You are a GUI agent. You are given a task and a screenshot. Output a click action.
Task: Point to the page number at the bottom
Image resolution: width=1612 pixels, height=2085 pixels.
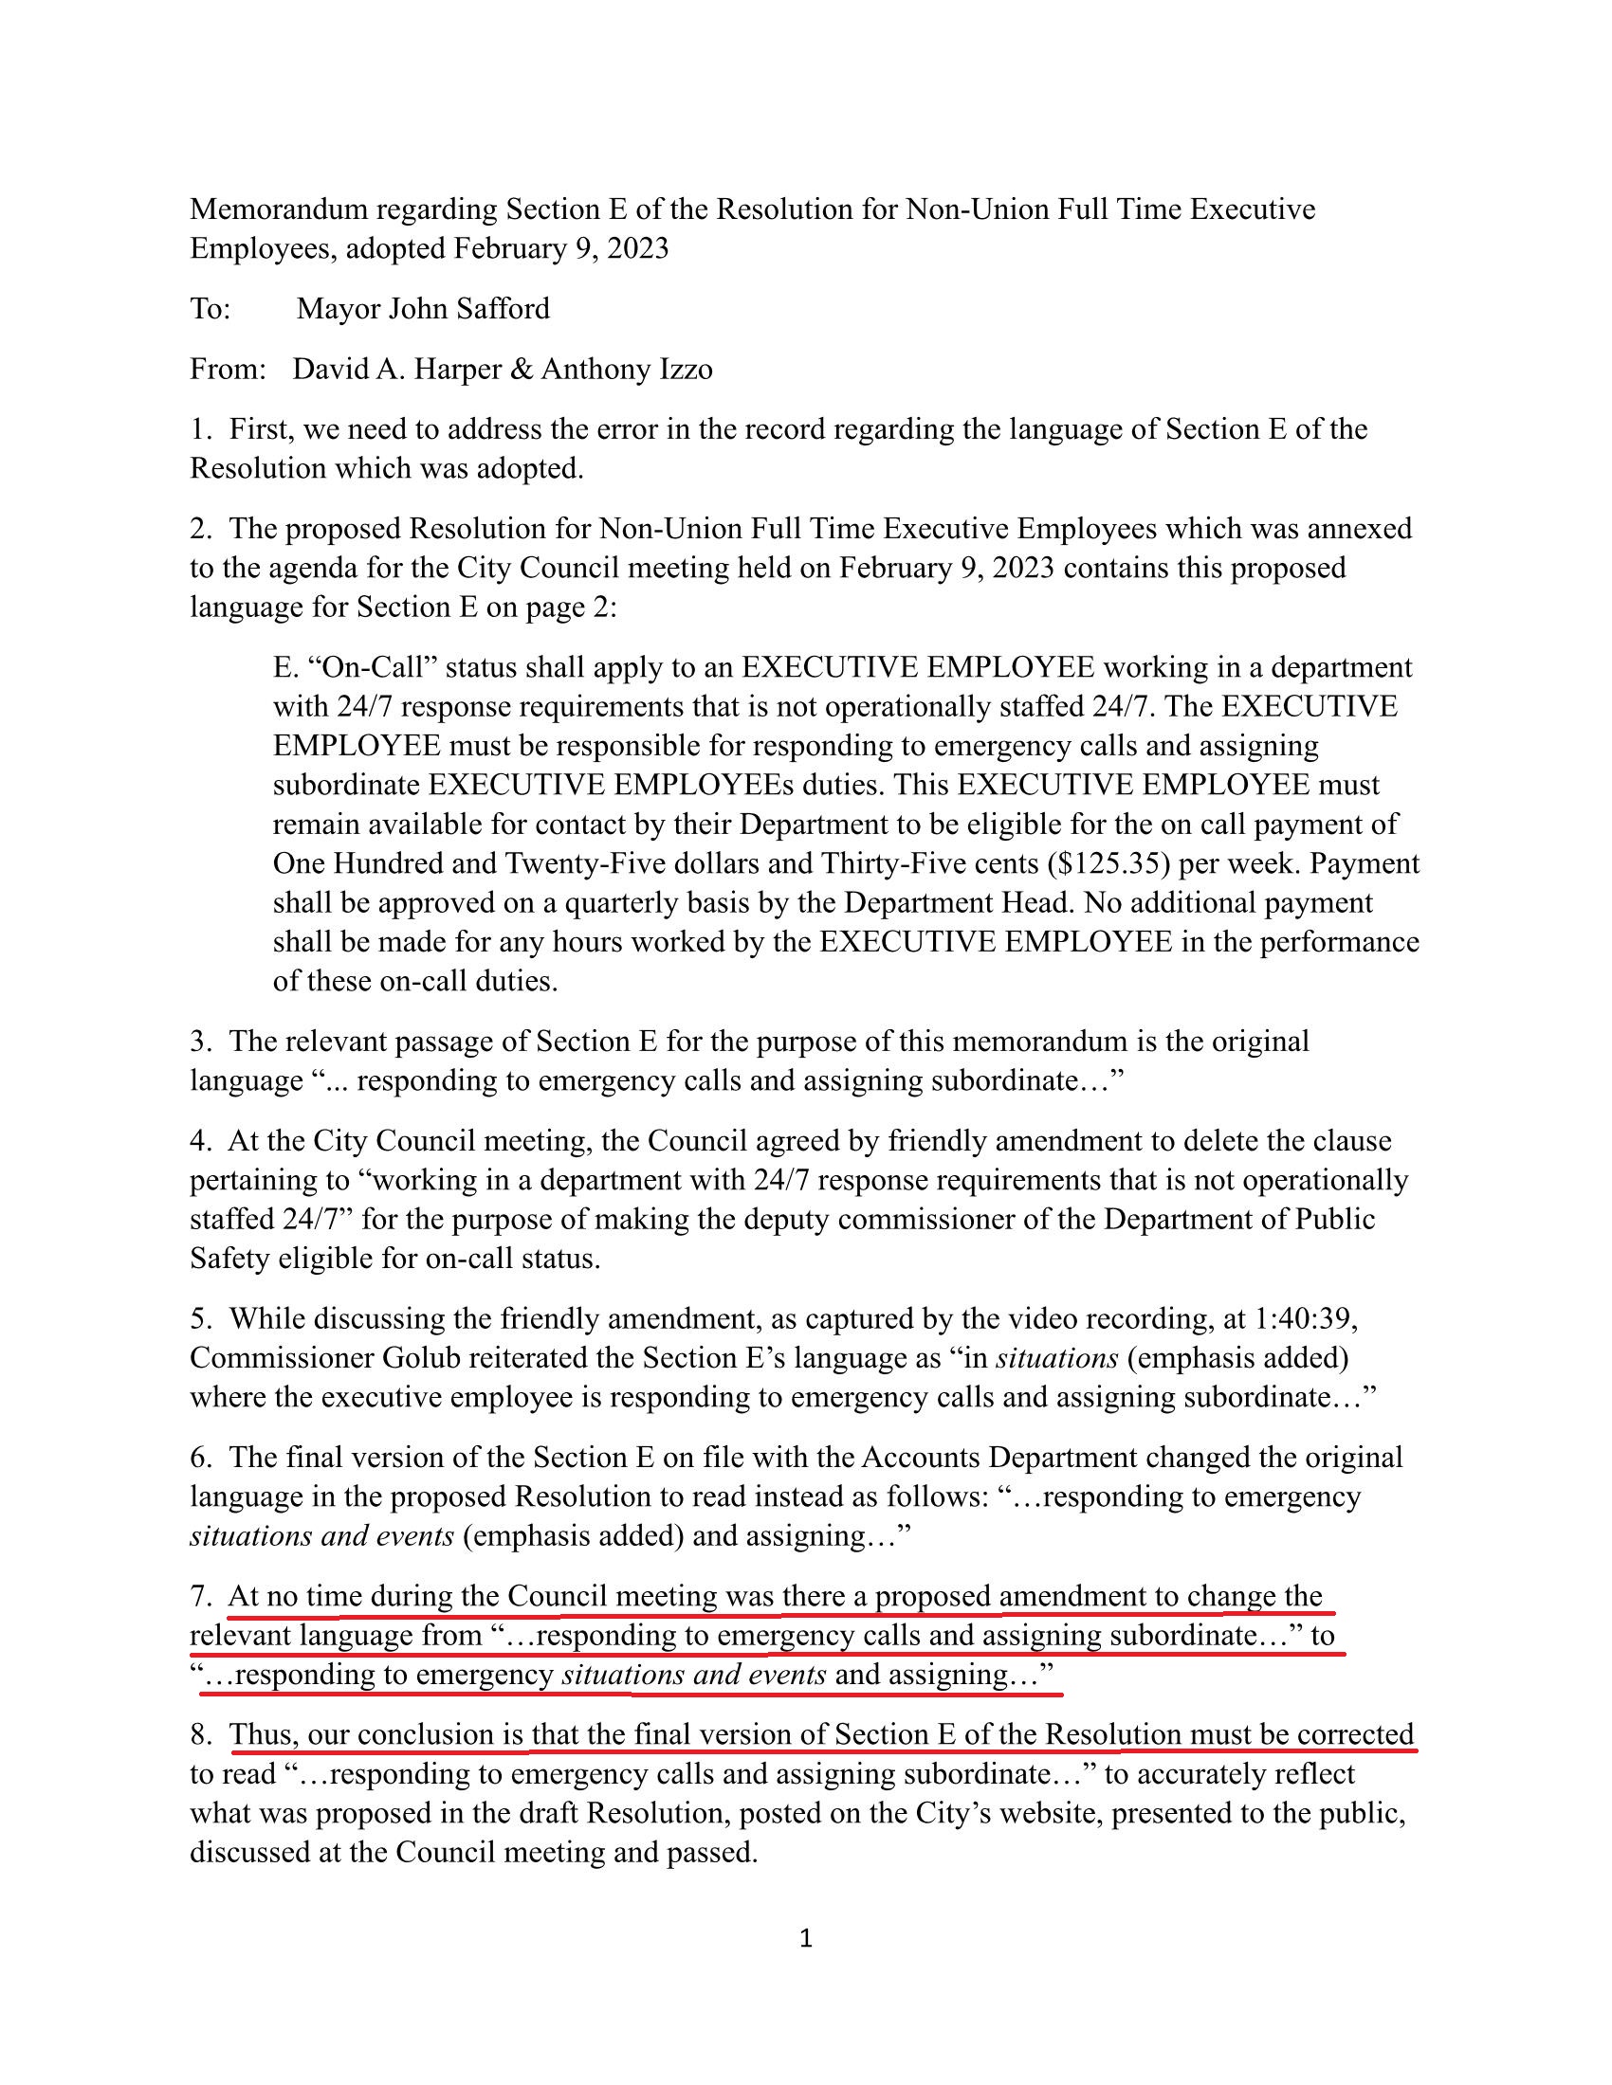point(805,1938)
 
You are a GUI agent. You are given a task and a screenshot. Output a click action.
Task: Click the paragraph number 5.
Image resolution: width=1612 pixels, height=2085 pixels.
point(199,1318)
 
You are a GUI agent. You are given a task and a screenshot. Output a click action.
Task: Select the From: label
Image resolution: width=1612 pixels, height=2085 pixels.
point(228,370)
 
